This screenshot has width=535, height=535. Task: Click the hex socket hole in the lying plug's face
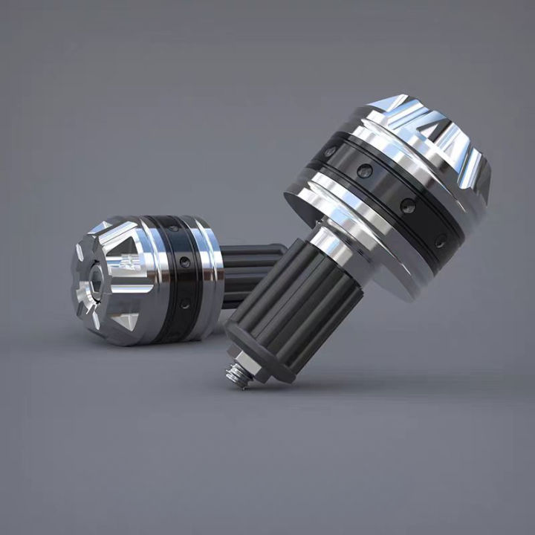coord(96,282)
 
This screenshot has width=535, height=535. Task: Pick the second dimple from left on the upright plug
coord(364,172)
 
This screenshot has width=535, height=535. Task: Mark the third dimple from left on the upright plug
coord(406,206)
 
